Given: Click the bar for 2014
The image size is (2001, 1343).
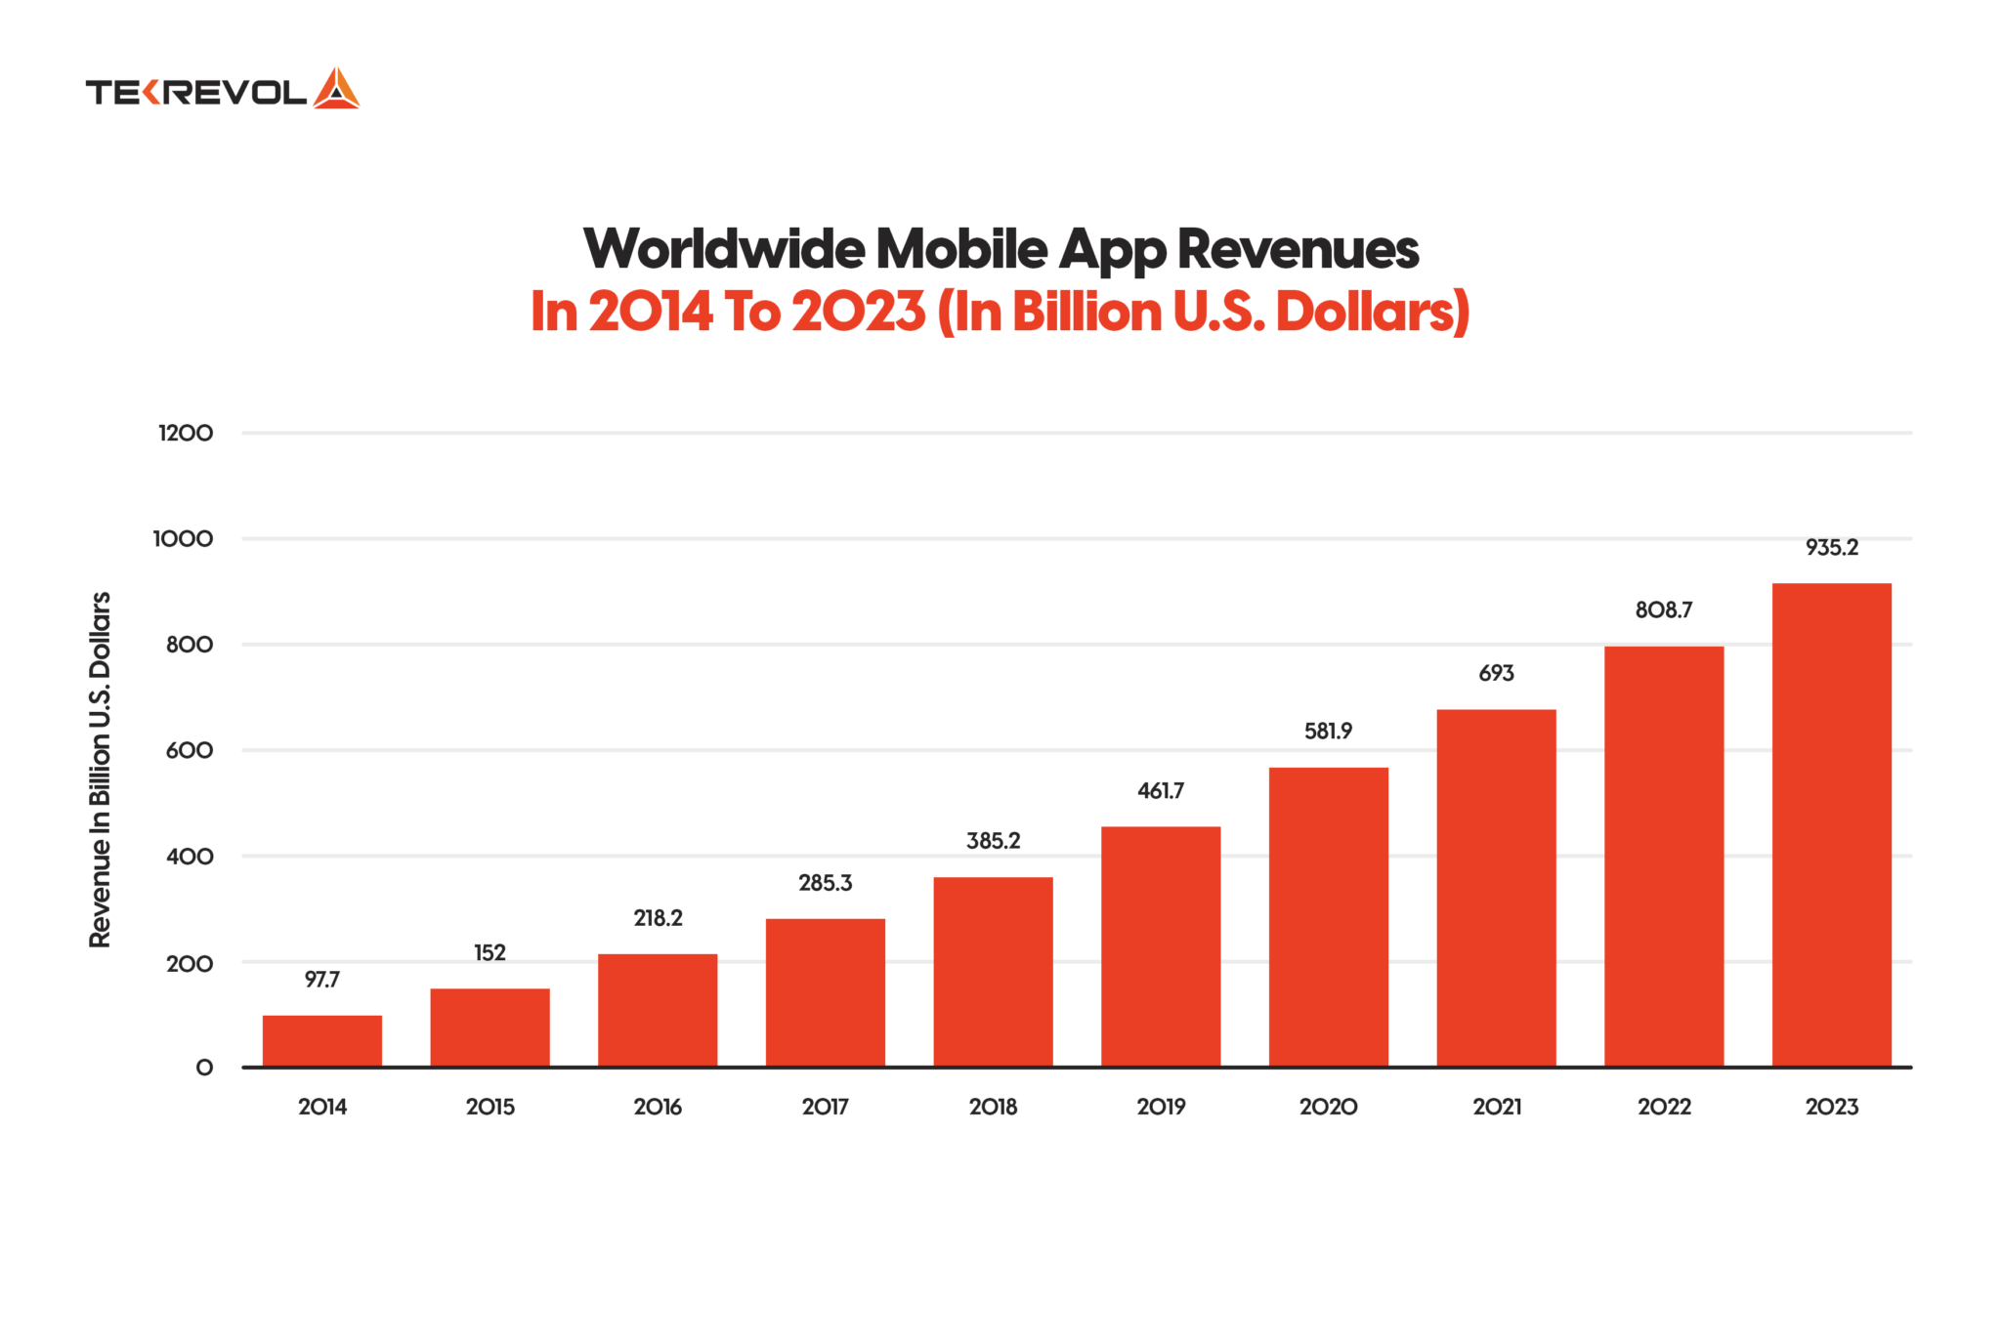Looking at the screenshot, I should pos(321,1041).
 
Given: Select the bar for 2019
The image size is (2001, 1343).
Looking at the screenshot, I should pos(1160,946).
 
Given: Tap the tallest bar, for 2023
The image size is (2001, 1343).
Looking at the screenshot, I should pos(1831,824).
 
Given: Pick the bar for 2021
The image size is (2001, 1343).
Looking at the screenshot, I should pos(1496,888).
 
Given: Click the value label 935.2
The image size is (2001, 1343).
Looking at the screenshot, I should pos(1831,548).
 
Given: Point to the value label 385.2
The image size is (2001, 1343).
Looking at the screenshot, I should pos(993,841).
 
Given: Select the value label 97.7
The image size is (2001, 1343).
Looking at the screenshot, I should pos(321,980).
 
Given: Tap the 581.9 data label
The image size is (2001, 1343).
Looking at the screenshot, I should pos(1328,732).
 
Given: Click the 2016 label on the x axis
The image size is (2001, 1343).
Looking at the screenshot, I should pos(657,1107).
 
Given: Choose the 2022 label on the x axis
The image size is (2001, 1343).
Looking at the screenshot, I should pos(1664,1107).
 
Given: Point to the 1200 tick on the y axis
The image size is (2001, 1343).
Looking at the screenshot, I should pos(186,433).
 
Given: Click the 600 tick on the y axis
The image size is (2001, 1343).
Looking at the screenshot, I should pos(190,750).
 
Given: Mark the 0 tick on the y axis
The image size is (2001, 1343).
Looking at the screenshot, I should pos(204,1068).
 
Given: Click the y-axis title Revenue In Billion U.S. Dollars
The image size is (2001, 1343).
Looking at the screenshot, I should pos(100,770).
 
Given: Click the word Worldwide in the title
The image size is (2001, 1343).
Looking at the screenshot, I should pos(723,249).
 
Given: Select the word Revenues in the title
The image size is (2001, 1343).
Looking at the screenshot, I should pos(1298,249).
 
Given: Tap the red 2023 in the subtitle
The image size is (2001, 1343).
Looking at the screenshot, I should pos(858,312).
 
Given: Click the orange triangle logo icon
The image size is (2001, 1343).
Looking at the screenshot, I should pos(336,89).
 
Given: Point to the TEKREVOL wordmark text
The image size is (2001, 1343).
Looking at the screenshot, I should pos(196,93).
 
